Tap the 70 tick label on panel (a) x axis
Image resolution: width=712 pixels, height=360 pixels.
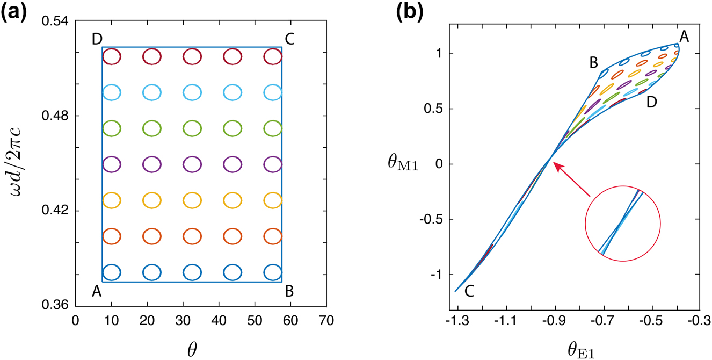pyautogui.click(x=326, y=321)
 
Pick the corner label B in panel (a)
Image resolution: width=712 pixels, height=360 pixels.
pyautogui.click(x=290, y=291)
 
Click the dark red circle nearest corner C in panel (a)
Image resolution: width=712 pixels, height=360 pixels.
pyautogui.click(x=273, y=56)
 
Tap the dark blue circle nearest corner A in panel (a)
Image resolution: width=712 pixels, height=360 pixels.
pyautogui.click(x=112, y=272)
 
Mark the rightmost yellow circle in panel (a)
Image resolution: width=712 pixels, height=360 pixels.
pyautogui.click(x=273, y=200)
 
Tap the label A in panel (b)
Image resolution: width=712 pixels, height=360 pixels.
pyautogui.click(x=684, y=37)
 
